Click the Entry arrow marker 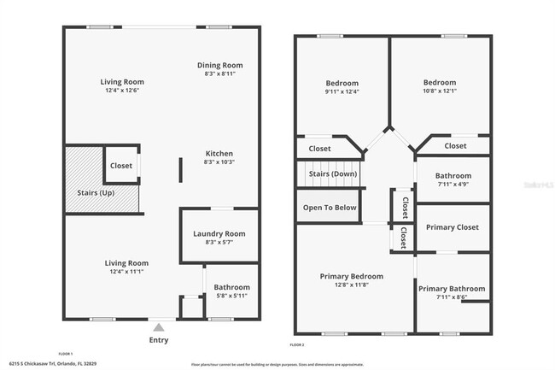point(159,325)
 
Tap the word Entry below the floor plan point(159,340)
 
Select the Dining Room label point(220,65)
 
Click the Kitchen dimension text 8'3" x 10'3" point(219,162)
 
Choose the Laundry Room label point(219,233)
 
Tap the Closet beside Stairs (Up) point(121,166)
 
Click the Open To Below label point(330,208)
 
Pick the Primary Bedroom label point(351,276)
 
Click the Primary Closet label point(451,227)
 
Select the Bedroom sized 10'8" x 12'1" point(441,87)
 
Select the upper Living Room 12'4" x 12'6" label point(124,85)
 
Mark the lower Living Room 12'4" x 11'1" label point(126,267)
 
